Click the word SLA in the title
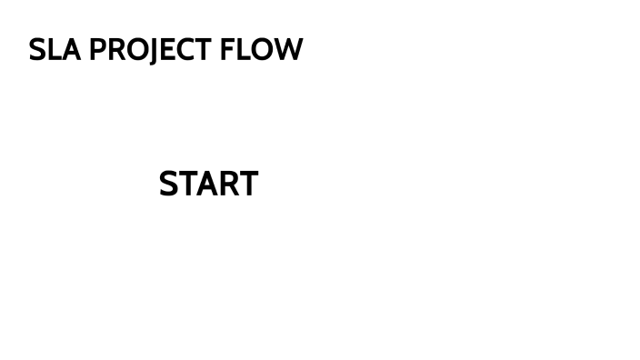coord(55,50)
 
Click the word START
coord(208,185)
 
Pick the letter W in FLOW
coord(288,50)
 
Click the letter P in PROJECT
coord(97,50)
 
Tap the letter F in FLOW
coord(227,50)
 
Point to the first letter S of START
coord(169,185)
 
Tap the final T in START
coord(248,185)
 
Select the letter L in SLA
coord(54,50)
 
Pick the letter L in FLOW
coord(243,50)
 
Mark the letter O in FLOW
coord(262,50)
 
